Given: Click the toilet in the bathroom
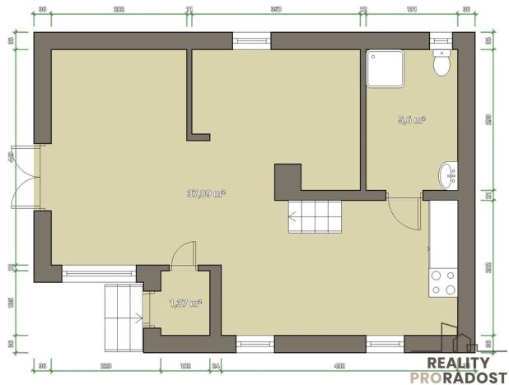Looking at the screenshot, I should pyautogui.click(x=442, y=63).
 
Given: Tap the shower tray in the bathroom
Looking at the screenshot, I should pyautogui.click(x=385, y=67).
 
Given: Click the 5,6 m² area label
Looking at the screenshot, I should pyautogui.click(x=411, y=120).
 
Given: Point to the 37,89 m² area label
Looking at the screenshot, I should pyautogui.click(x=206, y=194).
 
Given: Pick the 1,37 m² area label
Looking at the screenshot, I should pyautogui.click(x=185, y=304).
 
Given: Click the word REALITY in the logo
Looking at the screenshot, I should pyautogui.click(x=458, y=363).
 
